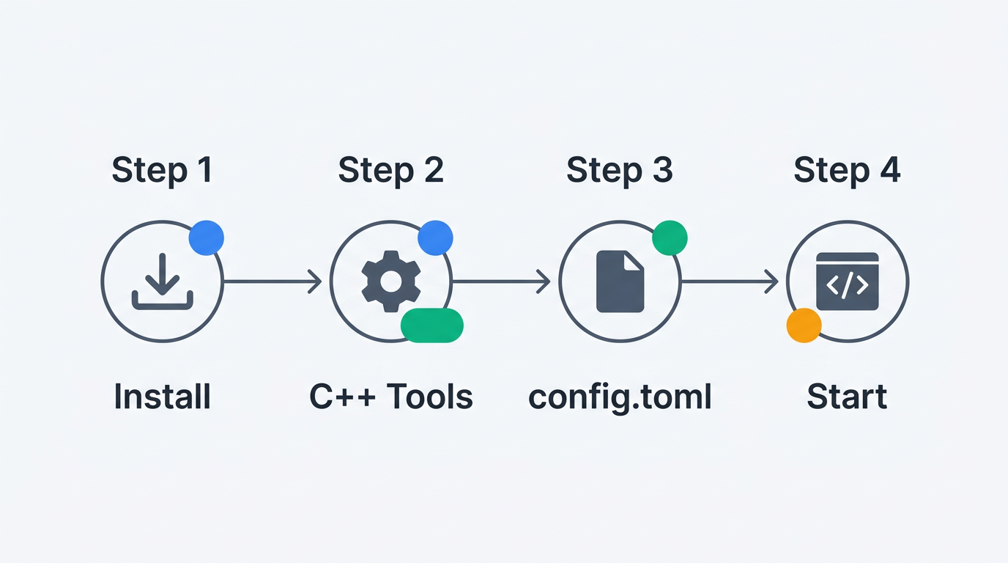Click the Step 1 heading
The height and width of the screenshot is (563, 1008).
[x=162, y=170]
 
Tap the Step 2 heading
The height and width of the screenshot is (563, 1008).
[x=390, y=170]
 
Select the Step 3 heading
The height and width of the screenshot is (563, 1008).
[x=619, y=170]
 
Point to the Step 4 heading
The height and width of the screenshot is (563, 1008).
[x=847, y=170]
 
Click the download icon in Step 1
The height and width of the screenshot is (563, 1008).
[x=163, y=281]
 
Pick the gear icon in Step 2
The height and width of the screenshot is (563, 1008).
[x=391, y=281]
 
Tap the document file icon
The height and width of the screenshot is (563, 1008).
[x=620, y=281]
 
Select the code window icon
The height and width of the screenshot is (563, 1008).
[x=848, y=281]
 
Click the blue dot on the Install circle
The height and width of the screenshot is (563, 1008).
[x=206, y=238]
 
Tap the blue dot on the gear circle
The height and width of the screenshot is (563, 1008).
[x=435, y=238]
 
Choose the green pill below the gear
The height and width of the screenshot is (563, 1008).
[x=432, y=325]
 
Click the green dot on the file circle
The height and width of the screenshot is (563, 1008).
[x=670, y=238]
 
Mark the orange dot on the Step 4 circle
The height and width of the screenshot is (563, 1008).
[x=804, y=325]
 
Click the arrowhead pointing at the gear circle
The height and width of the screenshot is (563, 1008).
[x=316, y=281]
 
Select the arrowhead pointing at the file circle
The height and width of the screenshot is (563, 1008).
[x=544, y=281]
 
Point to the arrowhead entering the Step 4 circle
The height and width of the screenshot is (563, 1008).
[x=772, y=281]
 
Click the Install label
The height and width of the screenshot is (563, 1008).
[x=163, y=397]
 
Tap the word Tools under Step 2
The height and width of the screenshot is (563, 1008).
[x=430, y=397]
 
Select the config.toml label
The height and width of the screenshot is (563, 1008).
[x=620, y=397]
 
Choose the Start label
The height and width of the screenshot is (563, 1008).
[x=847, y=397]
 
